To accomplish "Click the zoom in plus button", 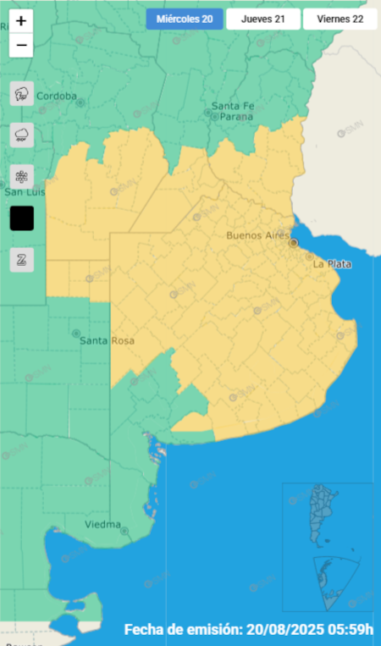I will click(x=21, y=20).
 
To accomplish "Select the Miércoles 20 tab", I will click(x=184, y=19).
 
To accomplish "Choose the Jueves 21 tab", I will click(x=262, y=19).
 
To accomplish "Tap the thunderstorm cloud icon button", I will click(x=21, y=95).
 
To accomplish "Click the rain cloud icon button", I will click(x=21, y=135).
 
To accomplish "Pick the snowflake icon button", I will click(x=21, y=176).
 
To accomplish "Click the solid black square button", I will click(x=21, y=218).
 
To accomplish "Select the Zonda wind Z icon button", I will click(x=21, y=260).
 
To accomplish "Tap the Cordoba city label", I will click(x=57, y=96).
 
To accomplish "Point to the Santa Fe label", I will click(x=233, y=106).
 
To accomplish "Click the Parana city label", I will click(x=233, y=117).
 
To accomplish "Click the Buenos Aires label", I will click(x=258, y=235).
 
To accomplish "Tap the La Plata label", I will click(x=332, y=264).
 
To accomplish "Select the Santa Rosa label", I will click(x=107, y=341).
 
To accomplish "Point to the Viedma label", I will click(x=102, y=524).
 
